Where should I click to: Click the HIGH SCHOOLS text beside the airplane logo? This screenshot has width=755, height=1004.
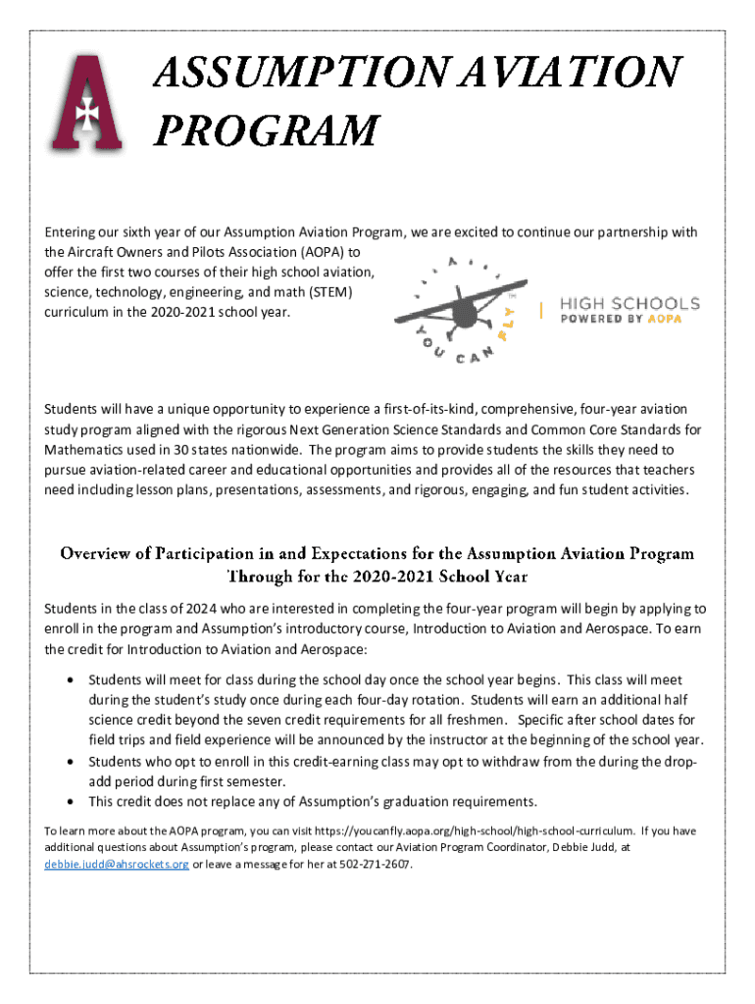629,302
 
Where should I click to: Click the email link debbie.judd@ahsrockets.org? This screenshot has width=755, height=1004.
117,865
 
